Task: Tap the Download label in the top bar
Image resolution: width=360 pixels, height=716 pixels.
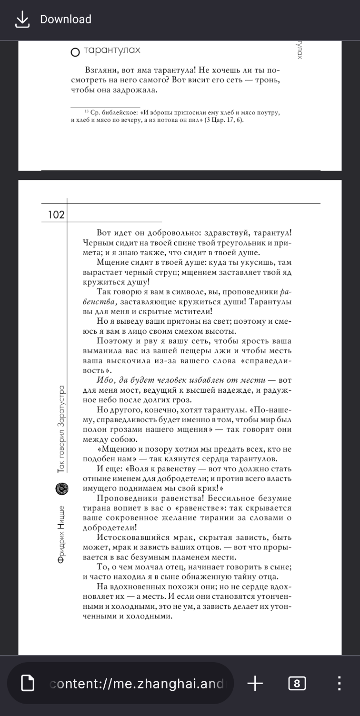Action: coord(66,20)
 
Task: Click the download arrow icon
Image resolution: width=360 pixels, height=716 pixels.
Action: coord(22,20)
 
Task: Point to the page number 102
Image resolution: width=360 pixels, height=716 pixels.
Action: coord(56,215)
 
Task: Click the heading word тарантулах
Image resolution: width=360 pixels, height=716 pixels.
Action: coord(112,50)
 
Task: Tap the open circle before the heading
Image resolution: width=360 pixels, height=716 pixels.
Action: coord(75,53)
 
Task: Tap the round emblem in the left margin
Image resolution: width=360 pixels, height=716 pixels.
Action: coord(61,488)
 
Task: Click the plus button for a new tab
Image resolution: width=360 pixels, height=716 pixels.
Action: coord(255,684)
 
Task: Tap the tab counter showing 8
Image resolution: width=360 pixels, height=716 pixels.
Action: coord(297,684)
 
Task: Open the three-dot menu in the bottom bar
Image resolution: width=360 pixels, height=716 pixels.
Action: coord(339,684)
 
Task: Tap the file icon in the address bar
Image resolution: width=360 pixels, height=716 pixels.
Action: coord(29,684)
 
